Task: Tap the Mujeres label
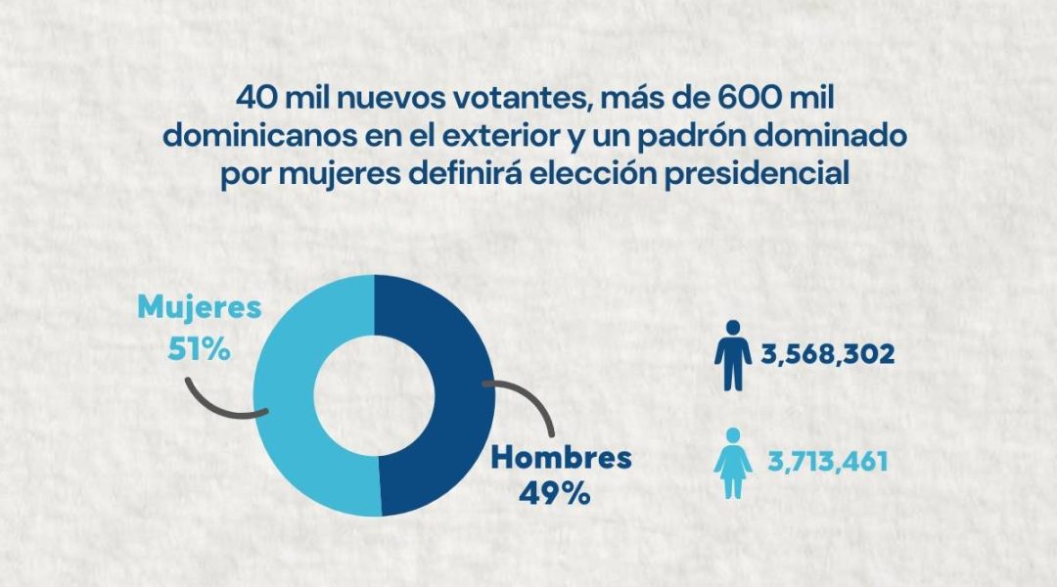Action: pos(200,308)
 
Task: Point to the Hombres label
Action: pos(561,457)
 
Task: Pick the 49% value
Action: pos(555,493)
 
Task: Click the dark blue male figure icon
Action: pos(732,353)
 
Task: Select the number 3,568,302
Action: pos(828,354)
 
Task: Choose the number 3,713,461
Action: pos(828,459)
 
